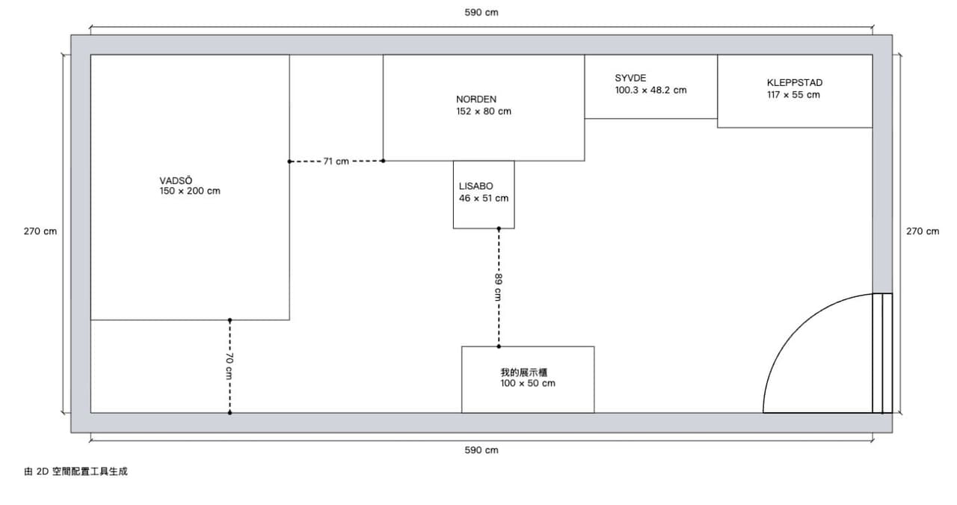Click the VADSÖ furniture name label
click(x=176, y=180)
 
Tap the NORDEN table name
click(x=476, y=100)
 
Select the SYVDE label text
click(x=630, y=78)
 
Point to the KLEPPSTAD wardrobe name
click(x=794, y=82)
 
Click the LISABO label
click(x=476, y=186)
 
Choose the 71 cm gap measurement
click(x=336, y=161)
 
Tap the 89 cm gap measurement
click(x=498, y=287)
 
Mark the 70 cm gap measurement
click(x=230, y=366)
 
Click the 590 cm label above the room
click(x=481, y=13)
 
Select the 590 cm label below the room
click(x=481, y=450)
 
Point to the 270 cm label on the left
click(x=40, y=231)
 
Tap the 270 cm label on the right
click(x=923, y=231)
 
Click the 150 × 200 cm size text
click(x=190, y=191)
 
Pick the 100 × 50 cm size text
click(x=528, y=383)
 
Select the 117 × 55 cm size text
click(x=793, y=95)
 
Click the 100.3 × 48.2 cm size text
click(x=650, y=91)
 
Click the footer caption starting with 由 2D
click(x=76, y=471)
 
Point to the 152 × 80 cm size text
click(x=483, y=111)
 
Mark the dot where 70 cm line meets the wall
click(x=230, y=413)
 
